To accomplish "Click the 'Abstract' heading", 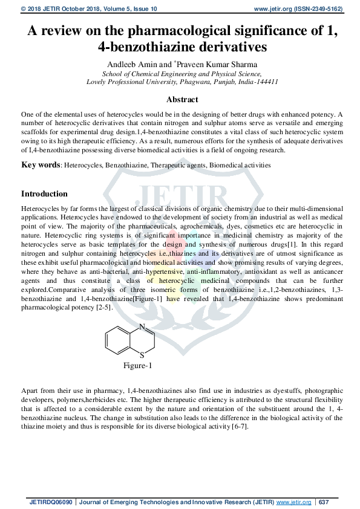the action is (x=182, y=100).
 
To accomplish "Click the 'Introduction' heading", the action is (x=44, y=194).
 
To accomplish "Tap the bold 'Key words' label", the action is (x=40, y=164).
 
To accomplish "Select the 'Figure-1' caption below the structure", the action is (x=138, y=366).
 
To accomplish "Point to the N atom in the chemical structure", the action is (x=142, y=328).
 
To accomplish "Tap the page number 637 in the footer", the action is (x=324, y=502).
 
